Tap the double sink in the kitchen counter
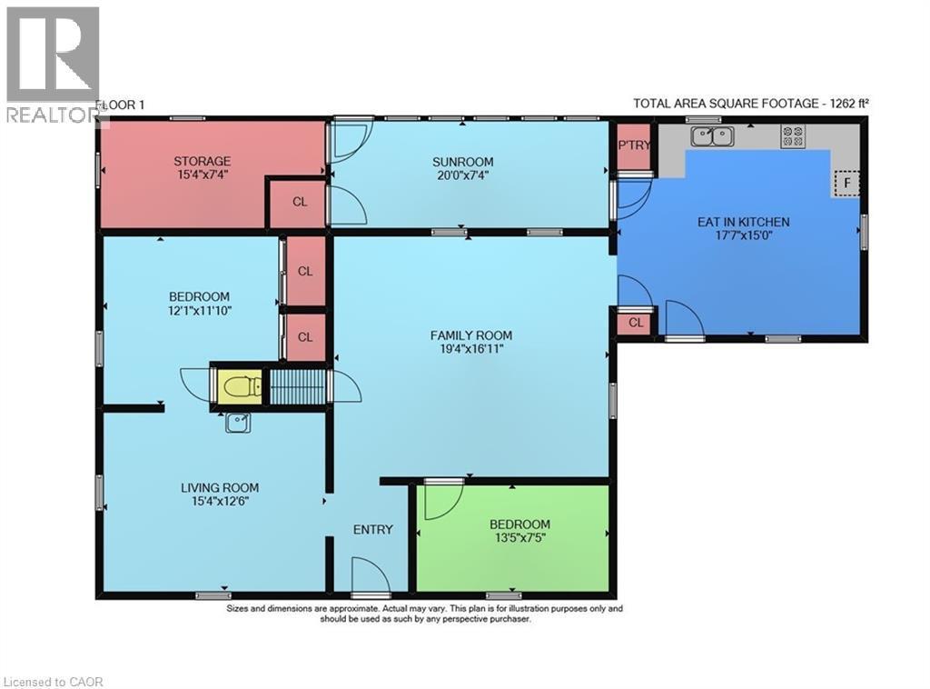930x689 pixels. pyautogui.click(x=712, y=136)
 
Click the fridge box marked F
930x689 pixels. pyautogui.click(x=847, y=183)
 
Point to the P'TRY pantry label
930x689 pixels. pyautogui.click(x=635, y=145)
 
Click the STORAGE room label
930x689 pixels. pyautogui.click(x=203, y=161)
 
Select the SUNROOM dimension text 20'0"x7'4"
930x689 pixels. pyautogui.click(x=462, y=175)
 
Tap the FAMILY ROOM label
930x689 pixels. pyautogui.click(x=471, y=335)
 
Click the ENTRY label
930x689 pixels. pyautogui.click(x=373, y=529)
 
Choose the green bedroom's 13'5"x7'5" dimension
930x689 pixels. pyautogui.click(x=519, y=538)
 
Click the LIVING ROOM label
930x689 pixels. pyautogui.click(x=220, y=488)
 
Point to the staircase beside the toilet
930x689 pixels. pyautogui.click(x=299, y=387)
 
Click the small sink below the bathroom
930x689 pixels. pyautogui.click(x=238, y=424)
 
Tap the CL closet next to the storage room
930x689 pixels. pyautogui.click(x=300, y=202)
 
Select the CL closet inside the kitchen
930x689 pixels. pyautogui.click(x=636, y=323)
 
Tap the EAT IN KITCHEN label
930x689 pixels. pyautogui.click(x=743, y=222)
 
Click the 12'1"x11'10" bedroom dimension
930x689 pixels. pyautogui.click(x=199, y=310)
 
